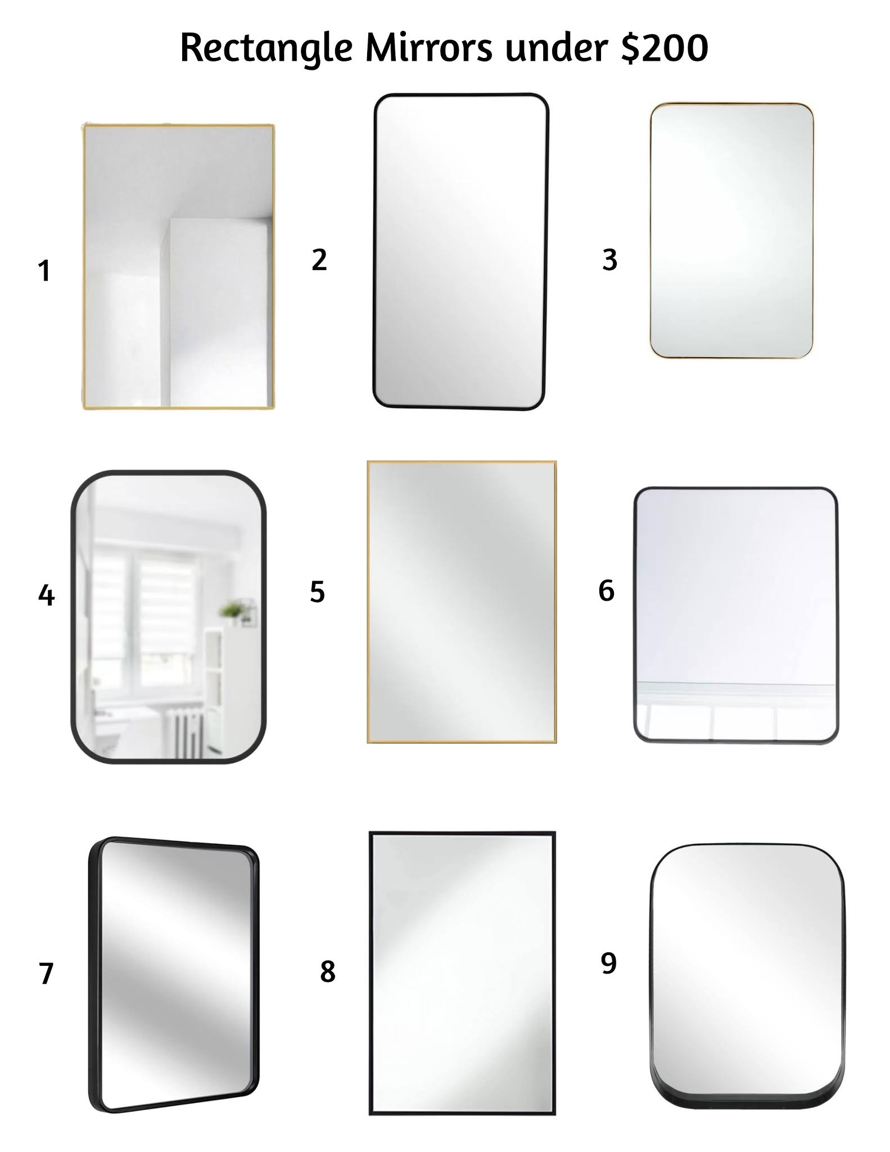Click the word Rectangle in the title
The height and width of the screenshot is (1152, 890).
click(x=266, y=48)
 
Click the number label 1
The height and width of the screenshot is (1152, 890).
click(x=44, y=271)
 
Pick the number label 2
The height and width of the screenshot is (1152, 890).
click(x=319, y=260)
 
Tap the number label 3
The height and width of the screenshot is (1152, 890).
click(x=609, y=260)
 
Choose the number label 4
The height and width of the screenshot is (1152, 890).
click(x=46, y=595)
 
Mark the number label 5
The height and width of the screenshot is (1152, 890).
click(x=317, y=592)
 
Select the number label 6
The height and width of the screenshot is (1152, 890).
click(x=606, y=591)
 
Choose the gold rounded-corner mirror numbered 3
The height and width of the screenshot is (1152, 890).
click(x=731, y=231)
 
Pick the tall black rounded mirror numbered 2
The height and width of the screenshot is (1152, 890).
click(x=460, y=251)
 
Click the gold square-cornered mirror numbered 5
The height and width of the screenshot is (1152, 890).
click(x=462, y=602)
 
